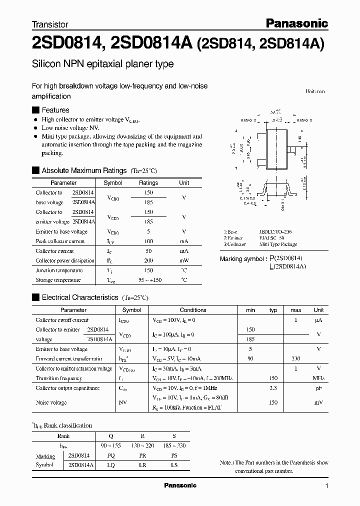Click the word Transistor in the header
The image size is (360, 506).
[50, 24]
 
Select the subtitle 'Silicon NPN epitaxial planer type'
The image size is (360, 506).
[102, 64]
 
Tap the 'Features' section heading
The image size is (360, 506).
[55, 110]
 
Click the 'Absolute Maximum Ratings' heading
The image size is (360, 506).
[84, 170]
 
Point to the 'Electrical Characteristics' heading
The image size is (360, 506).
[80, 297]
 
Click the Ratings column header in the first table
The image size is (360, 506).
[148, 183]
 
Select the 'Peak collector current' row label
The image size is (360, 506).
[60, 241]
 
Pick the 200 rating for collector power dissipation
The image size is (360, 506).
[148, 260]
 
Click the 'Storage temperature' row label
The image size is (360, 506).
[58, 280]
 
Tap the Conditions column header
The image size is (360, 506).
[192, 310]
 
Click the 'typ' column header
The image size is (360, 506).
[273, 310]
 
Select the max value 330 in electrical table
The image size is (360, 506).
[296, 358]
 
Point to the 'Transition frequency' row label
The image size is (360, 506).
[58, 378]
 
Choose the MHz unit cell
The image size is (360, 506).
[318, 378]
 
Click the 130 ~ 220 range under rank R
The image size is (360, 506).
[142, 446]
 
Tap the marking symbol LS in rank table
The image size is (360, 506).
[173, 465]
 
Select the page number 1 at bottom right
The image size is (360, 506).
[326, 486]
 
